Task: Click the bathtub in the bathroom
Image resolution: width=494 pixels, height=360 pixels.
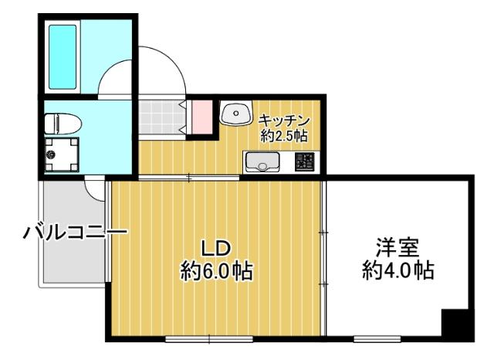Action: click(x=63, y=56)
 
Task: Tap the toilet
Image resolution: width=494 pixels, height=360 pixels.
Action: click(x=60, y=122)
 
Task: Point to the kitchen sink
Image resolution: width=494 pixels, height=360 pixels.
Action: click(x=262, y=162)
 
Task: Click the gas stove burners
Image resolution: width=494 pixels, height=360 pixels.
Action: click(x=304, y=162)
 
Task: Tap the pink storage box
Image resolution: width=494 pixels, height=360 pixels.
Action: click(x=201, y=117)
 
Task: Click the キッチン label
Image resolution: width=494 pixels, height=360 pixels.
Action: click(x=284, y=121)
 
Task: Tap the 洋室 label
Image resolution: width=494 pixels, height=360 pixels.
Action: click(x=397, y=249)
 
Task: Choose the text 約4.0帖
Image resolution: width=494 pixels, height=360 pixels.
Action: click(x=397, y=272)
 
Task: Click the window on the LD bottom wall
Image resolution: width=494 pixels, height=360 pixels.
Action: click(x=208, y=338)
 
